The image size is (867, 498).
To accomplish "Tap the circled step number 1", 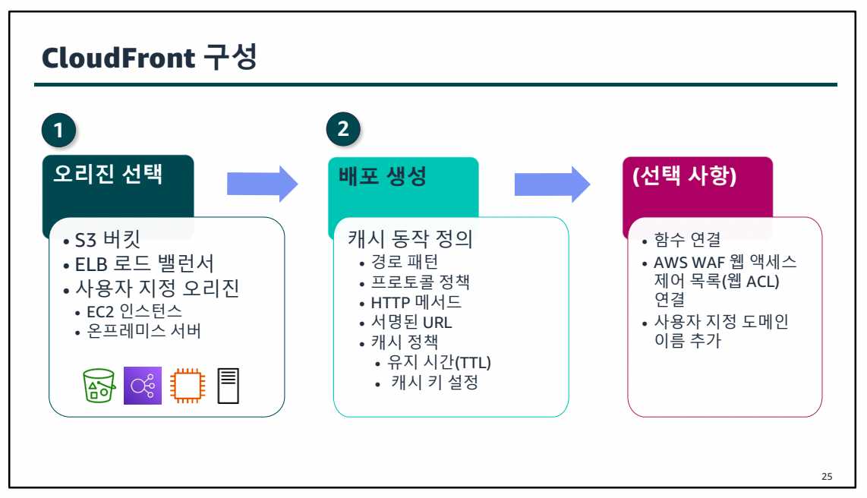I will point(58,131).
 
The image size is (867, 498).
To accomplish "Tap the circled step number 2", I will point(343,129).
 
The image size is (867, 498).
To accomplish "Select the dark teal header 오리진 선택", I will point(107,177).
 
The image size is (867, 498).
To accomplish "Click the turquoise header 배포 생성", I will point(382,176).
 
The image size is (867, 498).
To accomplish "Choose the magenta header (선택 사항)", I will point(683,176).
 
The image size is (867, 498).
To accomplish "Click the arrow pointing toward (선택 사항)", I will point(552,183).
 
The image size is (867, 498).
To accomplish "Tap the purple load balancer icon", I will point(143,386).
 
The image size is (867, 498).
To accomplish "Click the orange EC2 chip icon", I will point(186,386).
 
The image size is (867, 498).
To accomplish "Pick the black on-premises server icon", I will point(229,386).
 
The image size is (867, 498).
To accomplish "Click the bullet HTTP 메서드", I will point(415,302).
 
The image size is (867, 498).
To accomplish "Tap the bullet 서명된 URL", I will point(411,322).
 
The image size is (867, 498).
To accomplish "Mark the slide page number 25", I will point(827,477).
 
